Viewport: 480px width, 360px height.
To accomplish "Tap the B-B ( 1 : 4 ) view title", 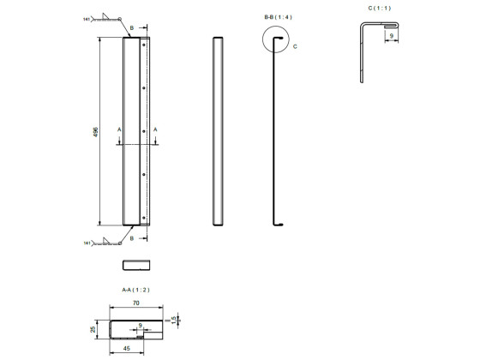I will click(x=278, y=16).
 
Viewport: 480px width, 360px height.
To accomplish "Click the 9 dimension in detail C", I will click(x=392, y=37).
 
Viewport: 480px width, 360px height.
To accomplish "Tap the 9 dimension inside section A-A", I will click(x=141, y=325).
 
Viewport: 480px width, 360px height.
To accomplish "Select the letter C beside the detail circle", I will click(x=296, y=46).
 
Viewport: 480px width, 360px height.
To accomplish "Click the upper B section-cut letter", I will click(x=131, y=27).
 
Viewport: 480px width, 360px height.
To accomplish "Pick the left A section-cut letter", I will click(x=119, y=129).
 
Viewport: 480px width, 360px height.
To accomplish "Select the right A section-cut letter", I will click(x=156, y=129).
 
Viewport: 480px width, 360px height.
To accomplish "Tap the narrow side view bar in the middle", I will click(x=218, y=131).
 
